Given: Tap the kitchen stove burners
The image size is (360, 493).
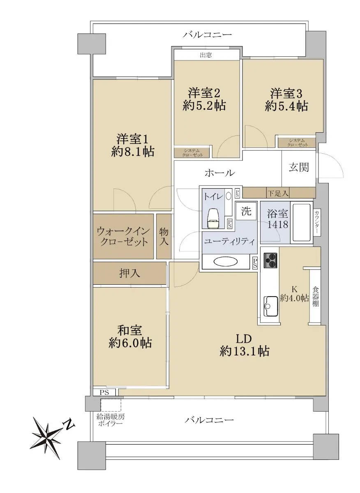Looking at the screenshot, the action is click(x=270, y=260).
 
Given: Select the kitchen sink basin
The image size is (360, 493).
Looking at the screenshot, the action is click(x=270, y=306).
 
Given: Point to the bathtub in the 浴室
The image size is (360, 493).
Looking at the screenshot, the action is click(x=301, y=223).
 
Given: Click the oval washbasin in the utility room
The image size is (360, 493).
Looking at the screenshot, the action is click(x=226, y=262).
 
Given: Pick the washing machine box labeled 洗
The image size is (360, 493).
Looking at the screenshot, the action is click(x=246, y=211).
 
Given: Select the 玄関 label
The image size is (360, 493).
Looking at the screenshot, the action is click(x=299, y=167).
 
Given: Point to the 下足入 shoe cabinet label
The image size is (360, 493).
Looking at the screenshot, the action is click(x=278, y=193).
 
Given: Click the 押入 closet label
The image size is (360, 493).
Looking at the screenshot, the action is click(x=129, y=273).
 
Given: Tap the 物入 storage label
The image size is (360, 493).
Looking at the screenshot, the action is click(x=164, y=236).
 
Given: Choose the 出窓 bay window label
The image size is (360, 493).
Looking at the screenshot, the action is click(x=206, y=55).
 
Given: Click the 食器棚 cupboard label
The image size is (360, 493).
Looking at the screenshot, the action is click(x=315, y=297).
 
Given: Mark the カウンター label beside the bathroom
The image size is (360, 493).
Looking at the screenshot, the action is click(x=316, y=221).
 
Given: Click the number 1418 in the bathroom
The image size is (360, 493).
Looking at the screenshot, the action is click(x=278, y=224).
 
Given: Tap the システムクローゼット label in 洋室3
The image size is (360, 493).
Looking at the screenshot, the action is click(x=297, y=143).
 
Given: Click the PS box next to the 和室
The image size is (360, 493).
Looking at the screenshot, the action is click(x=104, y=392).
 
